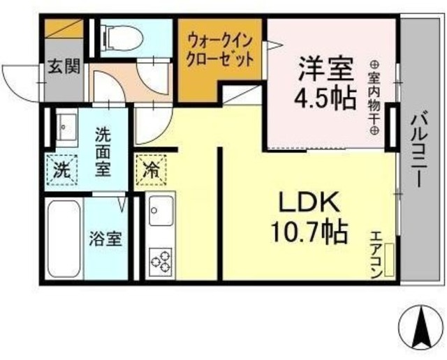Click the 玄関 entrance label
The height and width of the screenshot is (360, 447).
(x=64, y=68)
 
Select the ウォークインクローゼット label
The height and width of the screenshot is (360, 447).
(x=219, y=50)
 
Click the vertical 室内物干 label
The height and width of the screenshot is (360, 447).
(x=374, y=98)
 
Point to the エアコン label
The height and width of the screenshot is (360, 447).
(x=374, y=255)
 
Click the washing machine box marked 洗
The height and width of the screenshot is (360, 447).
(x=62, y=168)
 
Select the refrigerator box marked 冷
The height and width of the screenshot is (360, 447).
(x=150, y=168)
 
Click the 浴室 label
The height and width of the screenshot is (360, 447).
(x=105, y=238)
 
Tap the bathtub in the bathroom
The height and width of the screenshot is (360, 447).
(x=64, y=239)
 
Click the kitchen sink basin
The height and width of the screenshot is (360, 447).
(x=161, y=211)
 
